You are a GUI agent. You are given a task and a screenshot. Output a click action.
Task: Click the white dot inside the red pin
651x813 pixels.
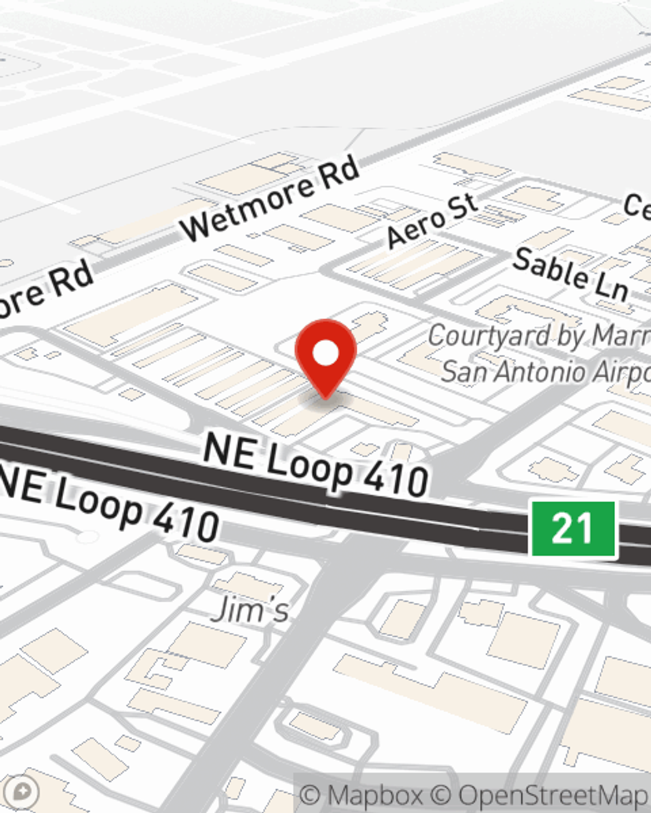tap(325, 354)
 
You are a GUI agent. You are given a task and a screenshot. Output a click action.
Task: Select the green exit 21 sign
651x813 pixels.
tap(573, 528)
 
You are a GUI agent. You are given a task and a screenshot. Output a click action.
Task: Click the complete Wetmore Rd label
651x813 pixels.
tap(270, 198)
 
